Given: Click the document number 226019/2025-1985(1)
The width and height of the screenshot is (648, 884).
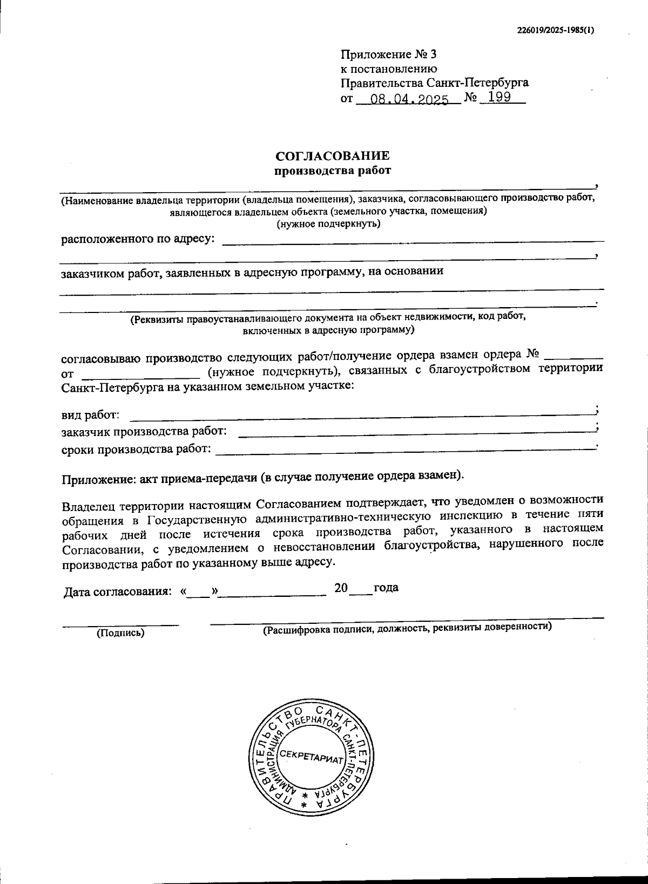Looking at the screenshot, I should [x=555, y=30].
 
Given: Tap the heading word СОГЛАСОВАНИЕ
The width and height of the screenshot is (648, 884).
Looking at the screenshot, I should [x=332, y=156].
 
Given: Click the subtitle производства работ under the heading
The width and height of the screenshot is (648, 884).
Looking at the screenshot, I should [x=332, y=171].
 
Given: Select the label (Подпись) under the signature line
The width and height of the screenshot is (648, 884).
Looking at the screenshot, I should [x=120, y=633].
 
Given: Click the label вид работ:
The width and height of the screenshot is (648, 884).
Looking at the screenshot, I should [x=90, y=416].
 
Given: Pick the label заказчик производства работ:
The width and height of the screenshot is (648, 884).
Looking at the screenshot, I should [x=144, y=432].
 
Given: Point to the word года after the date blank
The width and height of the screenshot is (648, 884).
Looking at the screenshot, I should [x=386, y=588].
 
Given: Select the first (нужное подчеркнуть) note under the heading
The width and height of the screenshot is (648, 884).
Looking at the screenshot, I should [x=328, y=224].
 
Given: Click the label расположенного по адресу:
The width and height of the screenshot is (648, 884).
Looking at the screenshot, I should [x=138, y=239].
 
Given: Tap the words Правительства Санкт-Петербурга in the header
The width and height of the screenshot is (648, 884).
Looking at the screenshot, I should [x=434, y=83].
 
